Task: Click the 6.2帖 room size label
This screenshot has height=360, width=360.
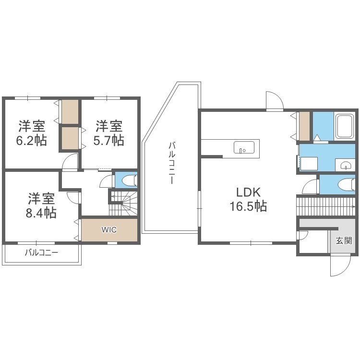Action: (32, 141)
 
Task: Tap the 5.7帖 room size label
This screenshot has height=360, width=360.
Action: (109, 141)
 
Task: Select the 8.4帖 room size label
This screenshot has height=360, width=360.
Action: (41, 213)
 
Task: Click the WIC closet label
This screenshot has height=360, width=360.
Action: (109, 230)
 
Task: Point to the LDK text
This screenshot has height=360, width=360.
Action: (249, 192)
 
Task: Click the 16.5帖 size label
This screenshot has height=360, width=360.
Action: (248, 206)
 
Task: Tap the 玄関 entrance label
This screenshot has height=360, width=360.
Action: (344, 241)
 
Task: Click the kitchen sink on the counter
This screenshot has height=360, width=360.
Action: (244, 147)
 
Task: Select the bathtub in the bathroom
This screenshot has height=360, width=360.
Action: (344, 127)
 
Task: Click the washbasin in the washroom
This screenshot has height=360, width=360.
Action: (345, 165)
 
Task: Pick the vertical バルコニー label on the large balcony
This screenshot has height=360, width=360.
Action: (171, 163)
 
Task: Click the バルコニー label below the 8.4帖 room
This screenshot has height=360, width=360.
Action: (42, 252)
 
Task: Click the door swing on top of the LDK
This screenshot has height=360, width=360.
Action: (275, 100)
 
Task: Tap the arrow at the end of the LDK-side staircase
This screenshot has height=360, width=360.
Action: (353, 206)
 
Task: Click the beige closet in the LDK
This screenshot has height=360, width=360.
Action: (305, 126)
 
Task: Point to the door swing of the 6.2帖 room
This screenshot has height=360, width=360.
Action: (70, 161)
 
